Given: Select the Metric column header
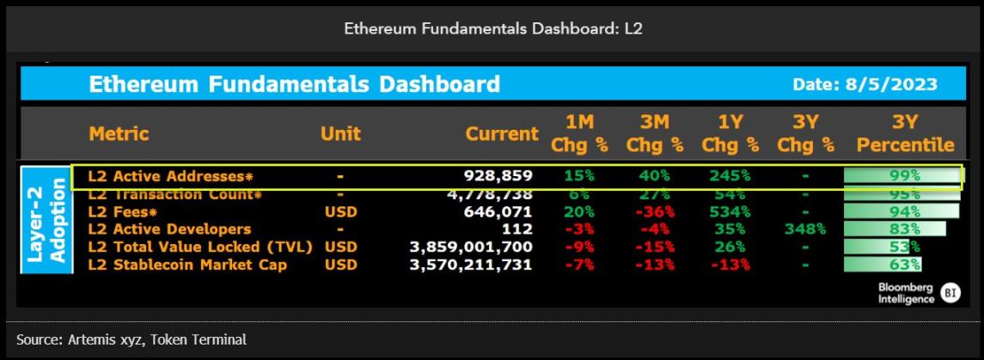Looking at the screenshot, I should coord(119,134).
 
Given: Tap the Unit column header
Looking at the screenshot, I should coord(341,134).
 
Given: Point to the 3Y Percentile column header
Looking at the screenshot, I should coord(906,134).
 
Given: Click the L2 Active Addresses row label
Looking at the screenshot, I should coord(171,176).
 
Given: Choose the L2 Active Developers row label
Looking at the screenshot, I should coord(169,229).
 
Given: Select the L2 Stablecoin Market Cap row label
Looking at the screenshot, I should coord(187,265).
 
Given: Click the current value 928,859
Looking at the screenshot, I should coord(498,176).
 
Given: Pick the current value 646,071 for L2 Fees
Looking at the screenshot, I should coord(498,212).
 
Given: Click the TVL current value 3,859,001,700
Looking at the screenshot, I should coord(472,247).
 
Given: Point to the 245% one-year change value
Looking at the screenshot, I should coord(730,176).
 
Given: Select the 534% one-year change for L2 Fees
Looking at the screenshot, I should coord(730,212).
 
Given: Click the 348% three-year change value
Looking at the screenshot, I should coord(806,229).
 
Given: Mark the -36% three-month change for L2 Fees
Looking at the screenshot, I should coord(655,212).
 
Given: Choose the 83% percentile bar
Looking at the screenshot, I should coord(895,229).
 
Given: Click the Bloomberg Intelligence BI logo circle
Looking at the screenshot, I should coord(951,292).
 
